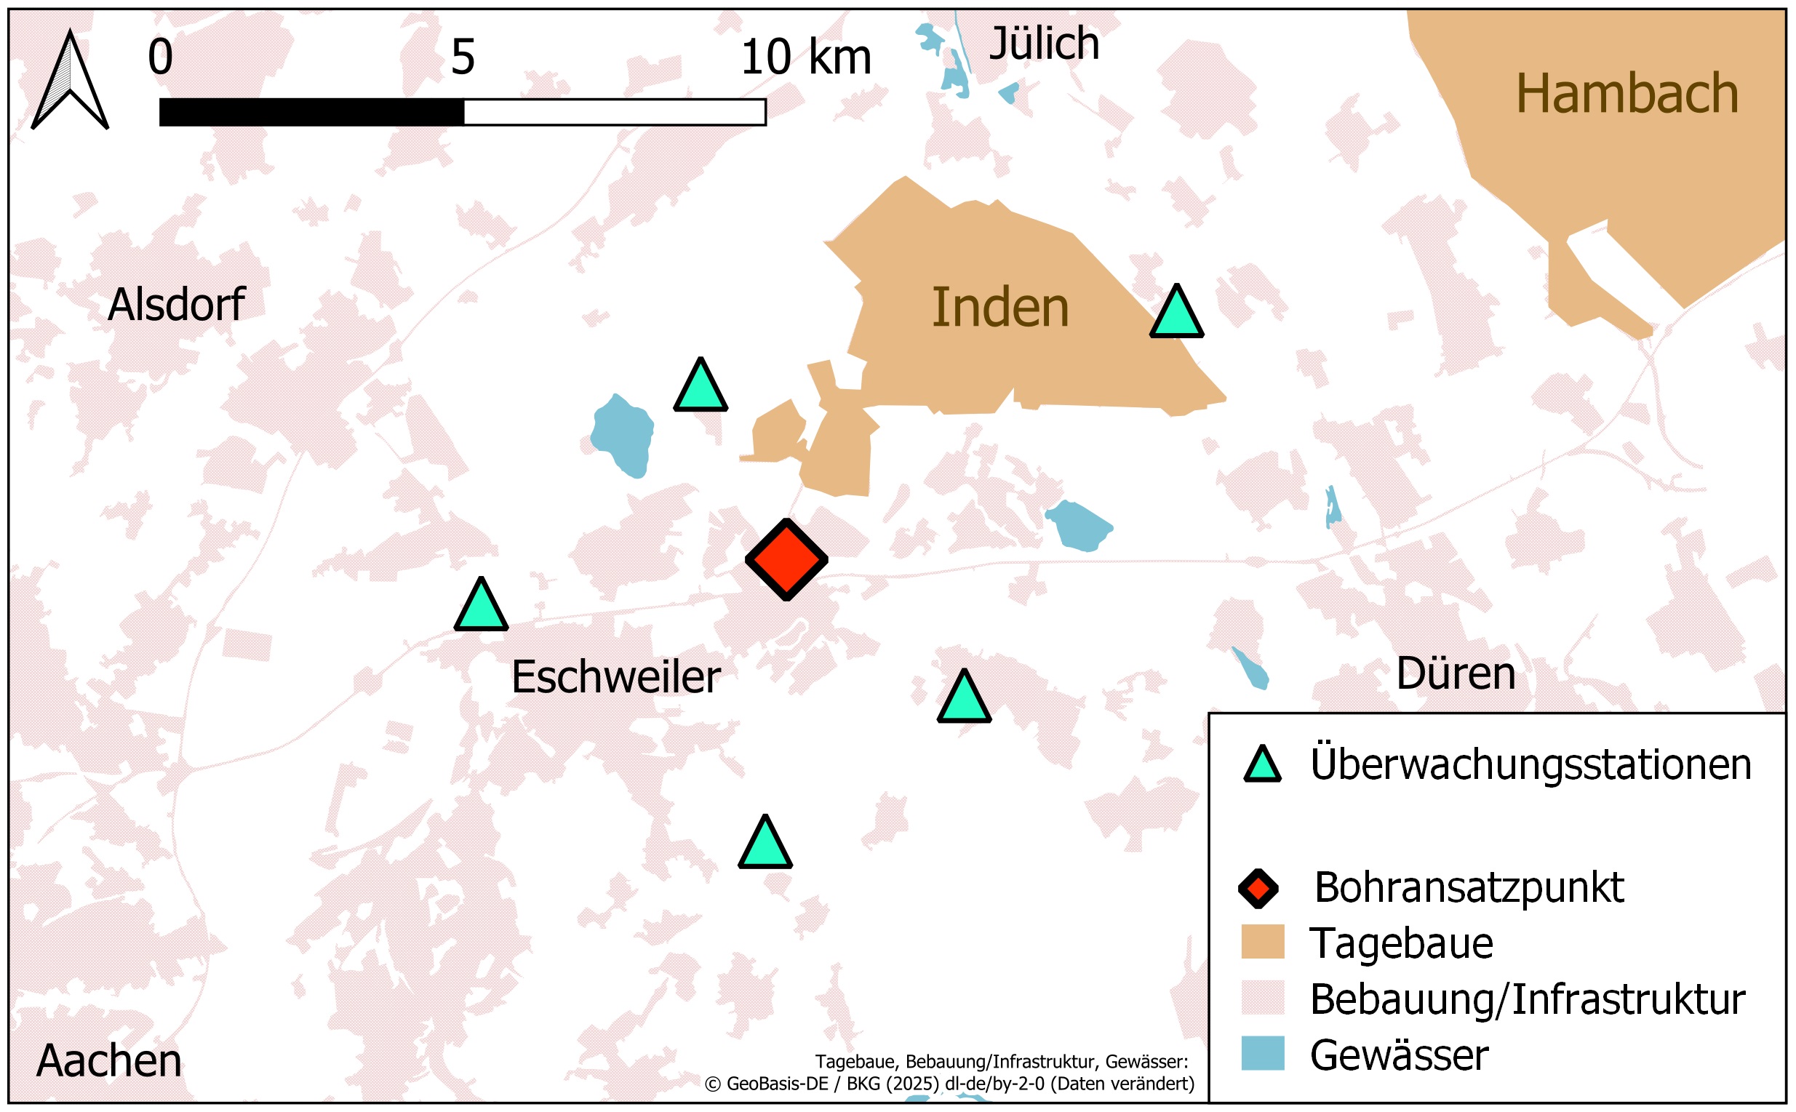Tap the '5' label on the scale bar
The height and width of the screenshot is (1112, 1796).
point(463,57)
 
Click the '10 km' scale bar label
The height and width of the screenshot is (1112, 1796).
point(805,57)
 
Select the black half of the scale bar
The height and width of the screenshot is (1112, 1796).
point(311,113)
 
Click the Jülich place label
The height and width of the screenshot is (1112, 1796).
point(1044,44)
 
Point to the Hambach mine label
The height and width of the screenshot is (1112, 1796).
point(1627,93)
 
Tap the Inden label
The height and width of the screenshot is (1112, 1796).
point(999,308)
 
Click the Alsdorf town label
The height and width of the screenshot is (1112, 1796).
point(176,304)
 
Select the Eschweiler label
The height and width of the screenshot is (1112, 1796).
point(615,676)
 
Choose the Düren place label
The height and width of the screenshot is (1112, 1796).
point(1456,673)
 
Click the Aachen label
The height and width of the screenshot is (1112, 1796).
point(109,1060)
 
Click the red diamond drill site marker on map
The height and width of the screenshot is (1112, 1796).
point(786,560)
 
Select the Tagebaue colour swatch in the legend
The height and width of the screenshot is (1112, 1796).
point(1262,942)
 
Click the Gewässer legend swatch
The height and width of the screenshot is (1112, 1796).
point(1262,1054)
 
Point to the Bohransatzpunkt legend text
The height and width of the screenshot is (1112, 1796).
point(1469,888)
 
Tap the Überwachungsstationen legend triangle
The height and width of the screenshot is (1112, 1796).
point(1262,766)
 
